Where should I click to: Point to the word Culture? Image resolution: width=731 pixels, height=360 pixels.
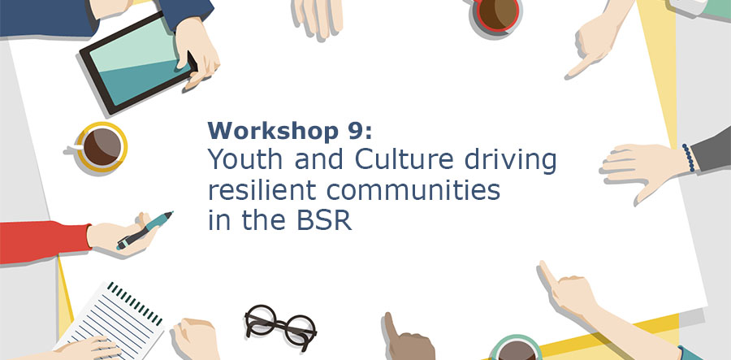tap(404, 160)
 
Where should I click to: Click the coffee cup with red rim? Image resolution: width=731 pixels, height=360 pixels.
tap(497, 15)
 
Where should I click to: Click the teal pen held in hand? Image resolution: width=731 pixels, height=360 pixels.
tap(145, 230)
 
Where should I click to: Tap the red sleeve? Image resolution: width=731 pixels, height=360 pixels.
tap(45, 242)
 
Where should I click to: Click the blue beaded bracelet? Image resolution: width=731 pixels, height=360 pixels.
tap(688, 158)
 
